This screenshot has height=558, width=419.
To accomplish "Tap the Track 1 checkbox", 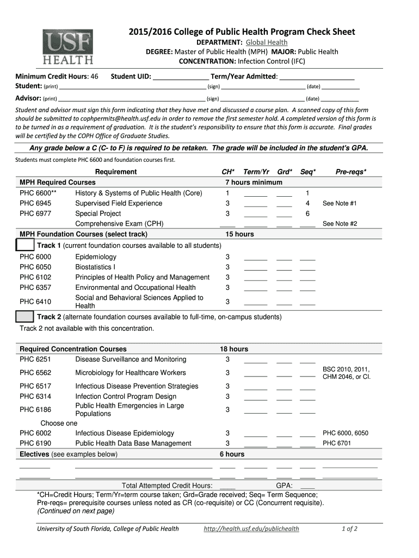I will (x=25, y=245).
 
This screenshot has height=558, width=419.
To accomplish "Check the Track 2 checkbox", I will (x=25, y=317).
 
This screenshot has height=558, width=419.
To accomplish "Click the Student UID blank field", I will (x=181, y=77).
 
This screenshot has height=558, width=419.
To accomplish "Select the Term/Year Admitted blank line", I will (x=317, y=77).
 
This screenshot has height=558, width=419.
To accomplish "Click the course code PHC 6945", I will (x=35, y=203).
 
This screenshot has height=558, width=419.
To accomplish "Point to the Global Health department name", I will (x=267, y=43).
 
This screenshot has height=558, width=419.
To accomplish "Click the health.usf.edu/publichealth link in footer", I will (x=251, y=529).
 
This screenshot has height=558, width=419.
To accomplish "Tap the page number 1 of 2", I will (x=349, y=529).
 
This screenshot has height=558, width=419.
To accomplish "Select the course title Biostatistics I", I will (x=95, y=267).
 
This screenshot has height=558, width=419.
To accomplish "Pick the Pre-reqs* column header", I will (x=350, y=172).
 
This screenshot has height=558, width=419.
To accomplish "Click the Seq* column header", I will (x=308, y=172).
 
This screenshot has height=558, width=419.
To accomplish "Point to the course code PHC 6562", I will (x=35, y=373).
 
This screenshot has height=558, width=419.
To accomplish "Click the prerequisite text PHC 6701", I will (x=337, y=443).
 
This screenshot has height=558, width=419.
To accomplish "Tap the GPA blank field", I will (x=307, y=486).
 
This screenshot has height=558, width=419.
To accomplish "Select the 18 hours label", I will (x=233, y=349).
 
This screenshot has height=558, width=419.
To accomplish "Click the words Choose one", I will (x=59, y=423).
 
